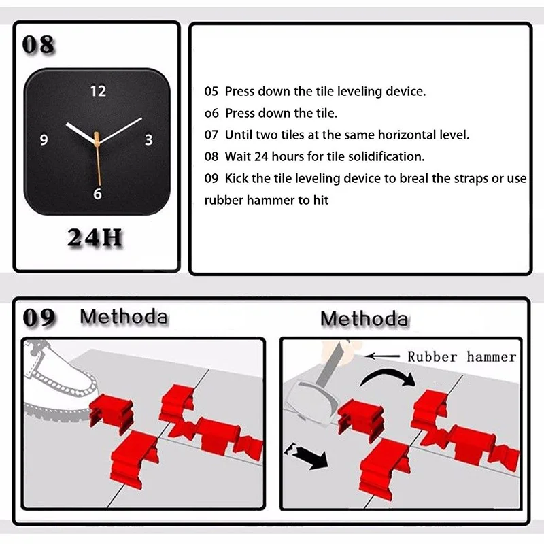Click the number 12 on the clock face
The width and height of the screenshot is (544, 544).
[98, 91]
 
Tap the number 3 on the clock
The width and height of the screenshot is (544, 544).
[149, 140]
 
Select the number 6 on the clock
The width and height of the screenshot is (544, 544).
[97, 194]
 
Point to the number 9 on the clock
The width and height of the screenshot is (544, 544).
[44, 140]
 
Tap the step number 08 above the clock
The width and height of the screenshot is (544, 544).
[38, 44]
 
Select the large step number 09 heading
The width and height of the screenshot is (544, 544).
[39, 318]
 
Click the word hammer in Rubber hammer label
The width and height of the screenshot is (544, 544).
[491, 356]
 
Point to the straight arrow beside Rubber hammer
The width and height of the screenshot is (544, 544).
[382, 356]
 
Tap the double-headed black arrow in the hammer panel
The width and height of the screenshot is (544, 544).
[305, 456]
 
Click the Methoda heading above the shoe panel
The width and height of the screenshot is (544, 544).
[124, 316]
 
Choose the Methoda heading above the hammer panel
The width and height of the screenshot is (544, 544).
[364, 318]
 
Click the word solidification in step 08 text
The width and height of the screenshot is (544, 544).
[386, 156]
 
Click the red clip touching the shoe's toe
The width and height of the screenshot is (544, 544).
[112, 413]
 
